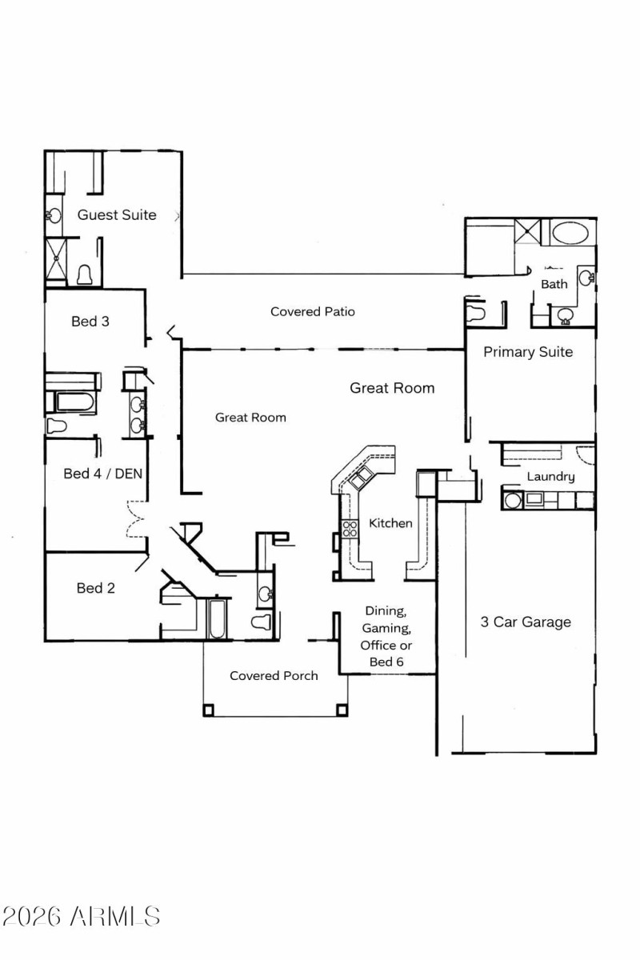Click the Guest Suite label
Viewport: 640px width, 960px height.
(117, 215)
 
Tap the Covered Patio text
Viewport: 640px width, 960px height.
(312, 311)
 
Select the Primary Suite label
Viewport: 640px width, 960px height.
(528, 351)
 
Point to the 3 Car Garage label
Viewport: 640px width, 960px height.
(526, 622)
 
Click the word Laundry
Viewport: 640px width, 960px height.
(550, 477)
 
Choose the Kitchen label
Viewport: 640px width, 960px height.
(390, 523)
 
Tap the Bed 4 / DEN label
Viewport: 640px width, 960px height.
(102, 474)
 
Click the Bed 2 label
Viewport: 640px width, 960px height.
(95, 588)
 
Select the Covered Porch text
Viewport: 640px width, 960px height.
(274, 676)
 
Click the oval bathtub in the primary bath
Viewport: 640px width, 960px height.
(570, 234)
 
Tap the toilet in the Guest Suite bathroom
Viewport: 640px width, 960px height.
(86, 274)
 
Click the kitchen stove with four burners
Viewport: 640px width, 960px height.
(350, 528)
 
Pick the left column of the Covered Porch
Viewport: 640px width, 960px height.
(209, 709)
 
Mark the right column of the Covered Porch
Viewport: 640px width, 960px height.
(342, 709)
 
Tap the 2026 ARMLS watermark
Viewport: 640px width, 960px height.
(81, 916)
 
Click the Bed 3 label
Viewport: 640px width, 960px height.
(90, 322)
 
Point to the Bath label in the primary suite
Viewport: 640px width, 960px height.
(554, 284)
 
